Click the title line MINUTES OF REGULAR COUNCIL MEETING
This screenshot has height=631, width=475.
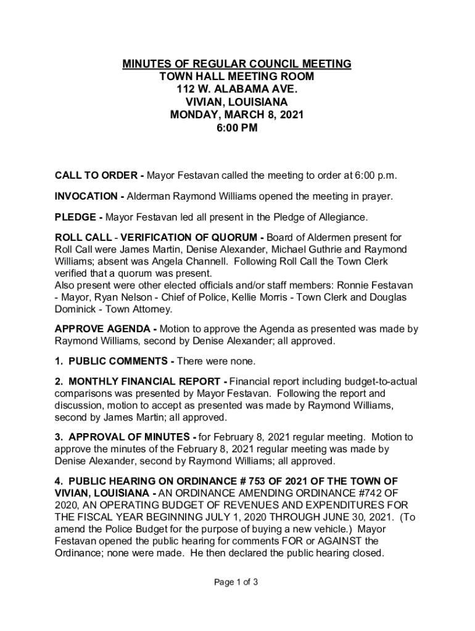click(x=237, y=64)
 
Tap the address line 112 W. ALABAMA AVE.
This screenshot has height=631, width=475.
click(x=237, y=89)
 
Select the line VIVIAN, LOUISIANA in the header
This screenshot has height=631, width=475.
click(x=237, y=102)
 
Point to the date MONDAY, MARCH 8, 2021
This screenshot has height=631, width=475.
click(x=237, y=115)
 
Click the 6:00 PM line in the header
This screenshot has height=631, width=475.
click(x=237, y=128)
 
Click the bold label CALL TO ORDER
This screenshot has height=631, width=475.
click(x=96, y=176)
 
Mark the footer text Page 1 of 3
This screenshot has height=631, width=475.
click(x=237, y=581)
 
